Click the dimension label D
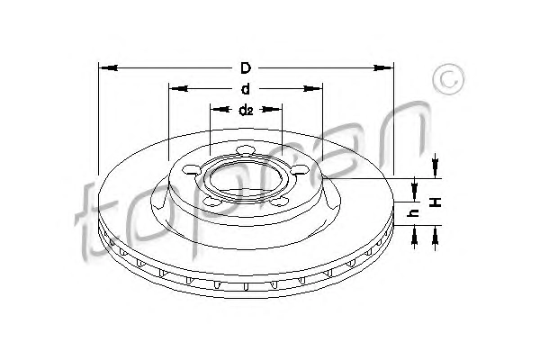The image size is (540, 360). [246, 68]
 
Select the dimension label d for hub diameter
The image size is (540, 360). [246, 89]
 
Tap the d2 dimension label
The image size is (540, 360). [246, 110]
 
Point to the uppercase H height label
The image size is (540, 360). [436, 202]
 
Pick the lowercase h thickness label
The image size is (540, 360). [414, 213]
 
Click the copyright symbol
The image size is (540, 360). [448, 79]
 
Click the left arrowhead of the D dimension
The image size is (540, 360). [108, 67]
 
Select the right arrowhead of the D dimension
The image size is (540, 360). [383, 67]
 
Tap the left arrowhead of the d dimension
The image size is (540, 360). [178, 88]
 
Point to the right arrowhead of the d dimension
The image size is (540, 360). [312, 88]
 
